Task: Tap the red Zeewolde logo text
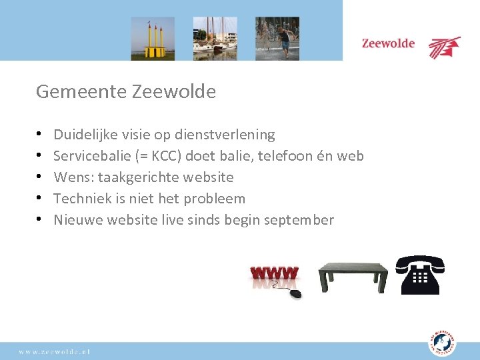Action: click(x=388, y=44)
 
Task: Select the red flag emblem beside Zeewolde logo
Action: click(x=444, y=47)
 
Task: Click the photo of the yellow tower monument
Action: click(x=153, y=39)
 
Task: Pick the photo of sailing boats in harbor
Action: click(x=215, y=39)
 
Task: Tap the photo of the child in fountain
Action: click(x=277, y=39)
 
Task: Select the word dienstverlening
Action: click(x=225, y=135)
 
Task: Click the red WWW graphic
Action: click(x=274, y=274)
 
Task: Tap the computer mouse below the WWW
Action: click(x=294, y=293)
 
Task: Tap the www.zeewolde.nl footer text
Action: click(x=55, y=351)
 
